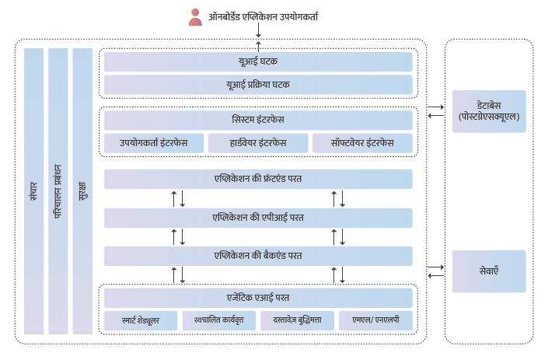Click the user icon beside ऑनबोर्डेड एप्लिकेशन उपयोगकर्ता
tap(195, 17)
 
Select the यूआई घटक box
tap(258, 61)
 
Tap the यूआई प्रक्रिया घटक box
tap(258, 85)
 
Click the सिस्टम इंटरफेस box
tap(258, 121)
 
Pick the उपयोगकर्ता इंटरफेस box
tap(153, 143)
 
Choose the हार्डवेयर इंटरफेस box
tap(258, 143)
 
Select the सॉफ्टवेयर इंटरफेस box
tap(362, 143)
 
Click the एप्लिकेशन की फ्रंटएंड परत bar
tap(258, 179)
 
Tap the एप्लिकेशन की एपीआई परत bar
tap(258, 218)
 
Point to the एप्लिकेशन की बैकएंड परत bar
tap(258, 256)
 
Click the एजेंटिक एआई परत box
tap(258, 297)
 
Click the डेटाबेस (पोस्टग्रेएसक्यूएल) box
tap(489, 111)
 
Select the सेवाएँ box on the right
tap(489, 271)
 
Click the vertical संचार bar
tap(33, 191)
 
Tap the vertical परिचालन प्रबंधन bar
tap(58, 191)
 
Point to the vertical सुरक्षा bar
tap(82, 191)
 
